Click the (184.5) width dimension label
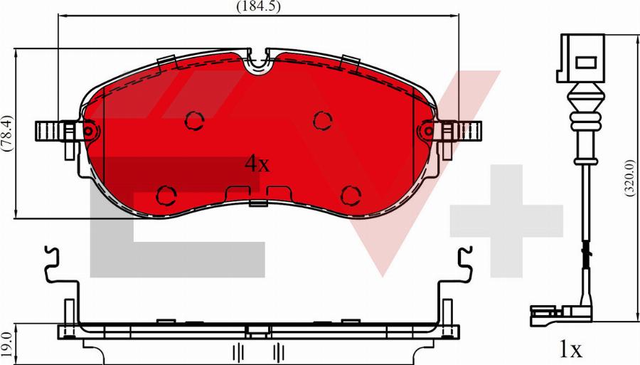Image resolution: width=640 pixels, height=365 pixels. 259,6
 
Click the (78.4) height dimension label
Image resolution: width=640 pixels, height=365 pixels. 7,134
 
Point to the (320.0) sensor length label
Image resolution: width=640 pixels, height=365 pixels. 630,178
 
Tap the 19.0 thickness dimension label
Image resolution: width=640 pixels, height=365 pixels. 6,344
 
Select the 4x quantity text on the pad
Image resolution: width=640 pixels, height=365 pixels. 257,164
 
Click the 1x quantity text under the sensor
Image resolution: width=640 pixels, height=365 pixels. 570,349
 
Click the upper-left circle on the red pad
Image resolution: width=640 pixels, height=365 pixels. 195,120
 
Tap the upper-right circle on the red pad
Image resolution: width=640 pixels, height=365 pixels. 323,120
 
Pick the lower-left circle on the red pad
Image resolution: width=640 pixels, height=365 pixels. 166,195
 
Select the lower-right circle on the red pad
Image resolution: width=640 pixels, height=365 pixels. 351,195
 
